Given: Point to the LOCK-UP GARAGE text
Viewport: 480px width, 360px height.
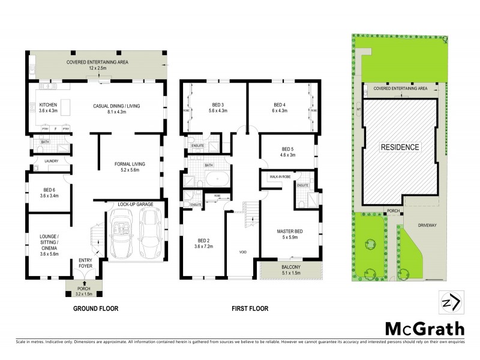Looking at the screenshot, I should pyautogui.click(x=135, y=205).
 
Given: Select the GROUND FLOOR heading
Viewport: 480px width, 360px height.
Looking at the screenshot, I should pyautogui.click(x=96, y=309).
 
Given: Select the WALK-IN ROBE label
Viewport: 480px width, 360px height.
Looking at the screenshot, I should pyautogui.click(x=280, y=176).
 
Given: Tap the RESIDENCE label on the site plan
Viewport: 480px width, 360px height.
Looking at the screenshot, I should pyautogui.click(x=398, y=146).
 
